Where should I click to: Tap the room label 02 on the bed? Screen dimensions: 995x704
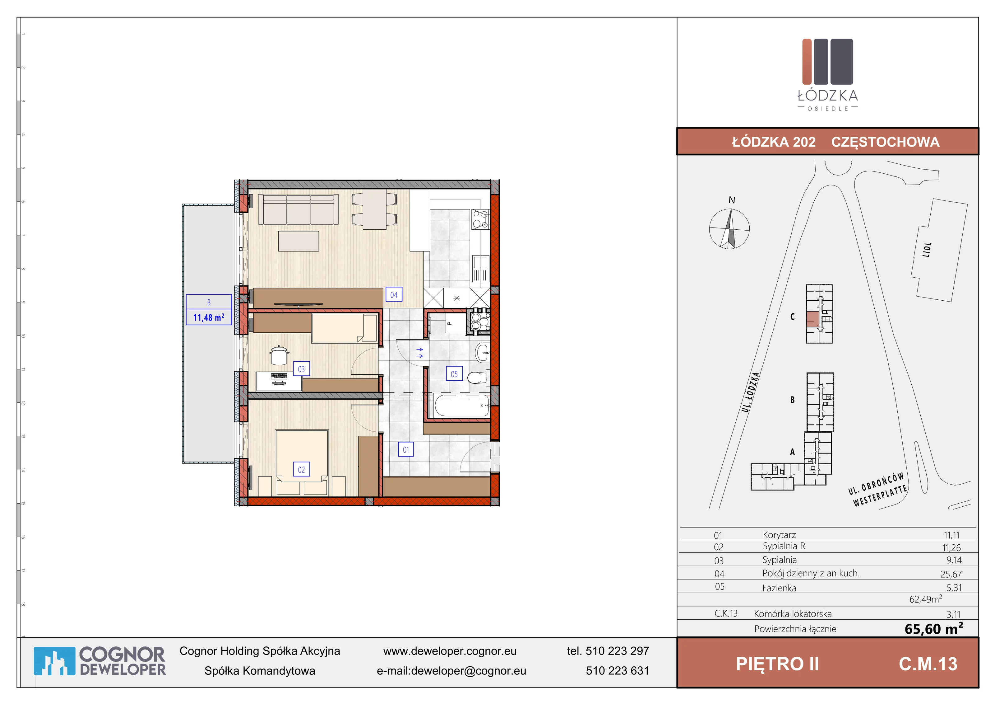pos(301,469)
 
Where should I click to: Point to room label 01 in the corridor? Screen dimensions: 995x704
pos(406,449)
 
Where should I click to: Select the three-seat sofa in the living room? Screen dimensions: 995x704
pos(298,209)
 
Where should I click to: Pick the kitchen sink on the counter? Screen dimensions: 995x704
pos(480,269)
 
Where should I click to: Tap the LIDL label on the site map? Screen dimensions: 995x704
pos(927,250)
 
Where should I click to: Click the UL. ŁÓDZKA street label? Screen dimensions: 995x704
pos(751,392)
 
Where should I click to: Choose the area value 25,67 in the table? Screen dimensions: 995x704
pos(951,574)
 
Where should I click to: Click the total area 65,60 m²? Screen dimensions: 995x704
pos(934,628)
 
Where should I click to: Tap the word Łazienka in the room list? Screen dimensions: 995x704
pos(779,588)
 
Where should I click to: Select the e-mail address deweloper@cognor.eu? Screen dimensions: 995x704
pos(469,671)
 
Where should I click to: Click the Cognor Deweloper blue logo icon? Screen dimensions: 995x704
pos(54,661)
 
